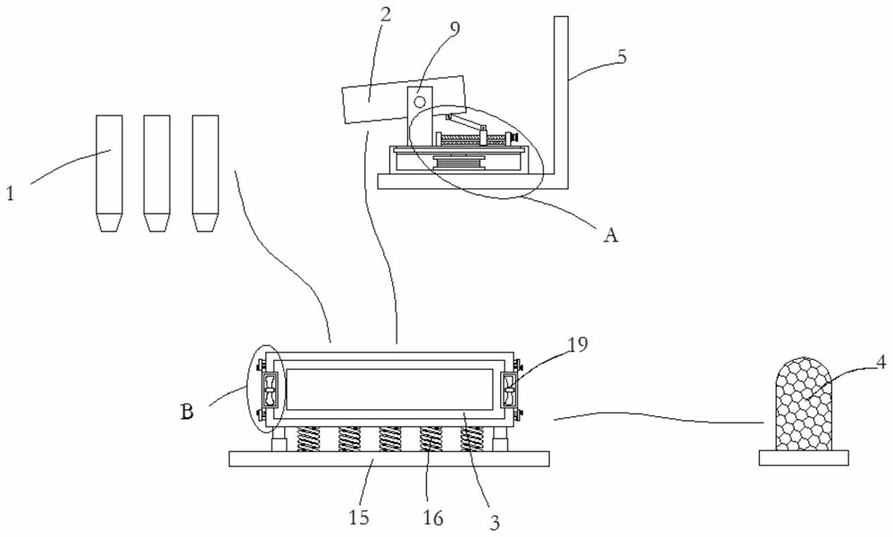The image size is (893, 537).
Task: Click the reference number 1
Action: tap(10, 193)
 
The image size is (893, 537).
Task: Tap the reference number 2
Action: tap(386, 14)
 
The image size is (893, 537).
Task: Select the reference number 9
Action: tap(455, 28)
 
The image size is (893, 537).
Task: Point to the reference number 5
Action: tap(622, 57)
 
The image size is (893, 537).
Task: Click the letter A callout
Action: tap(611, 234)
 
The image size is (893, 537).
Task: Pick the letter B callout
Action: tap(187, 411)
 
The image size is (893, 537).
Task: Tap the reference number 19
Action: tap(578, 344)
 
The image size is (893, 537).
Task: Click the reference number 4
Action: tap(880, 362)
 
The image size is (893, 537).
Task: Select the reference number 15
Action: tap(359, 517)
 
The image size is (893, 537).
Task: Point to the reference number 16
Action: tap(433, 517)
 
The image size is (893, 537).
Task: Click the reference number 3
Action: tap(495, 522)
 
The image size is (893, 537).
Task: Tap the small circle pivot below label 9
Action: tap(419, 102)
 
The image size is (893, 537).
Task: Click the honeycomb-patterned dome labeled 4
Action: tap(805, 404)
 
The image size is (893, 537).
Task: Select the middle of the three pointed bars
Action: tap(156, 173)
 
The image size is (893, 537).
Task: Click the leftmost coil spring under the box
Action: tap(308, 439)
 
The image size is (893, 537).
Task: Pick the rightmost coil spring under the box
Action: tap(472, 439)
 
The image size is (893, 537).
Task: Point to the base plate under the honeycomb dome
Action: tap(805, 457)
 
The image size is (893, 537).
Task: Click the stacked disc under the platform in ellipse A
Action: tap(460, 162)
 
